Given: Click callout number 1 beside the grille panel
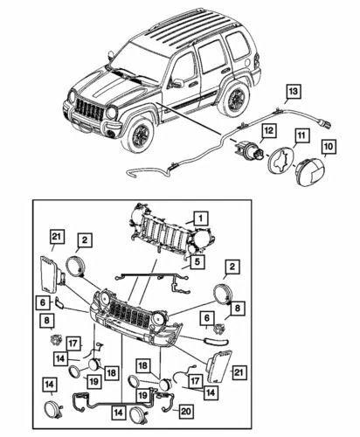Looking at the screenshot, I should [x=200, y=218].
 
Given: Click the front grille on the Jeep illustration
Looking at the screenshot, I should [x=90, y=112].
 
